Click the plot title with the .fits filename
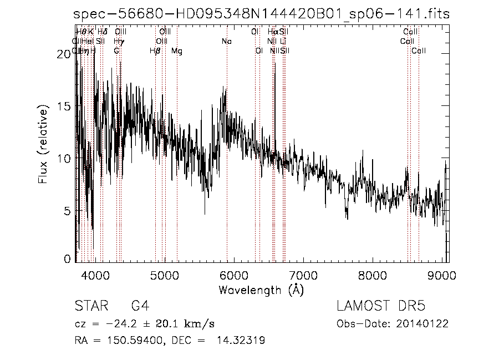point(262,15)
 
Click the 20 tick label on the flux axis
point(65,53)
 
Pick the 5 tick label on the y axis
point(68,211)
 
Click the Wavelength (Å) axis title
point(261,290)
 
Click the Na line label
point(226,41)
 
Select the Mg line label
point(176,51)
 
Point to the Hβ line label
point(155,51)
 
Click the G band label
point(116,51)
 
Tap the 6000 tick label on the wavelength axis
point(234,275)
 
